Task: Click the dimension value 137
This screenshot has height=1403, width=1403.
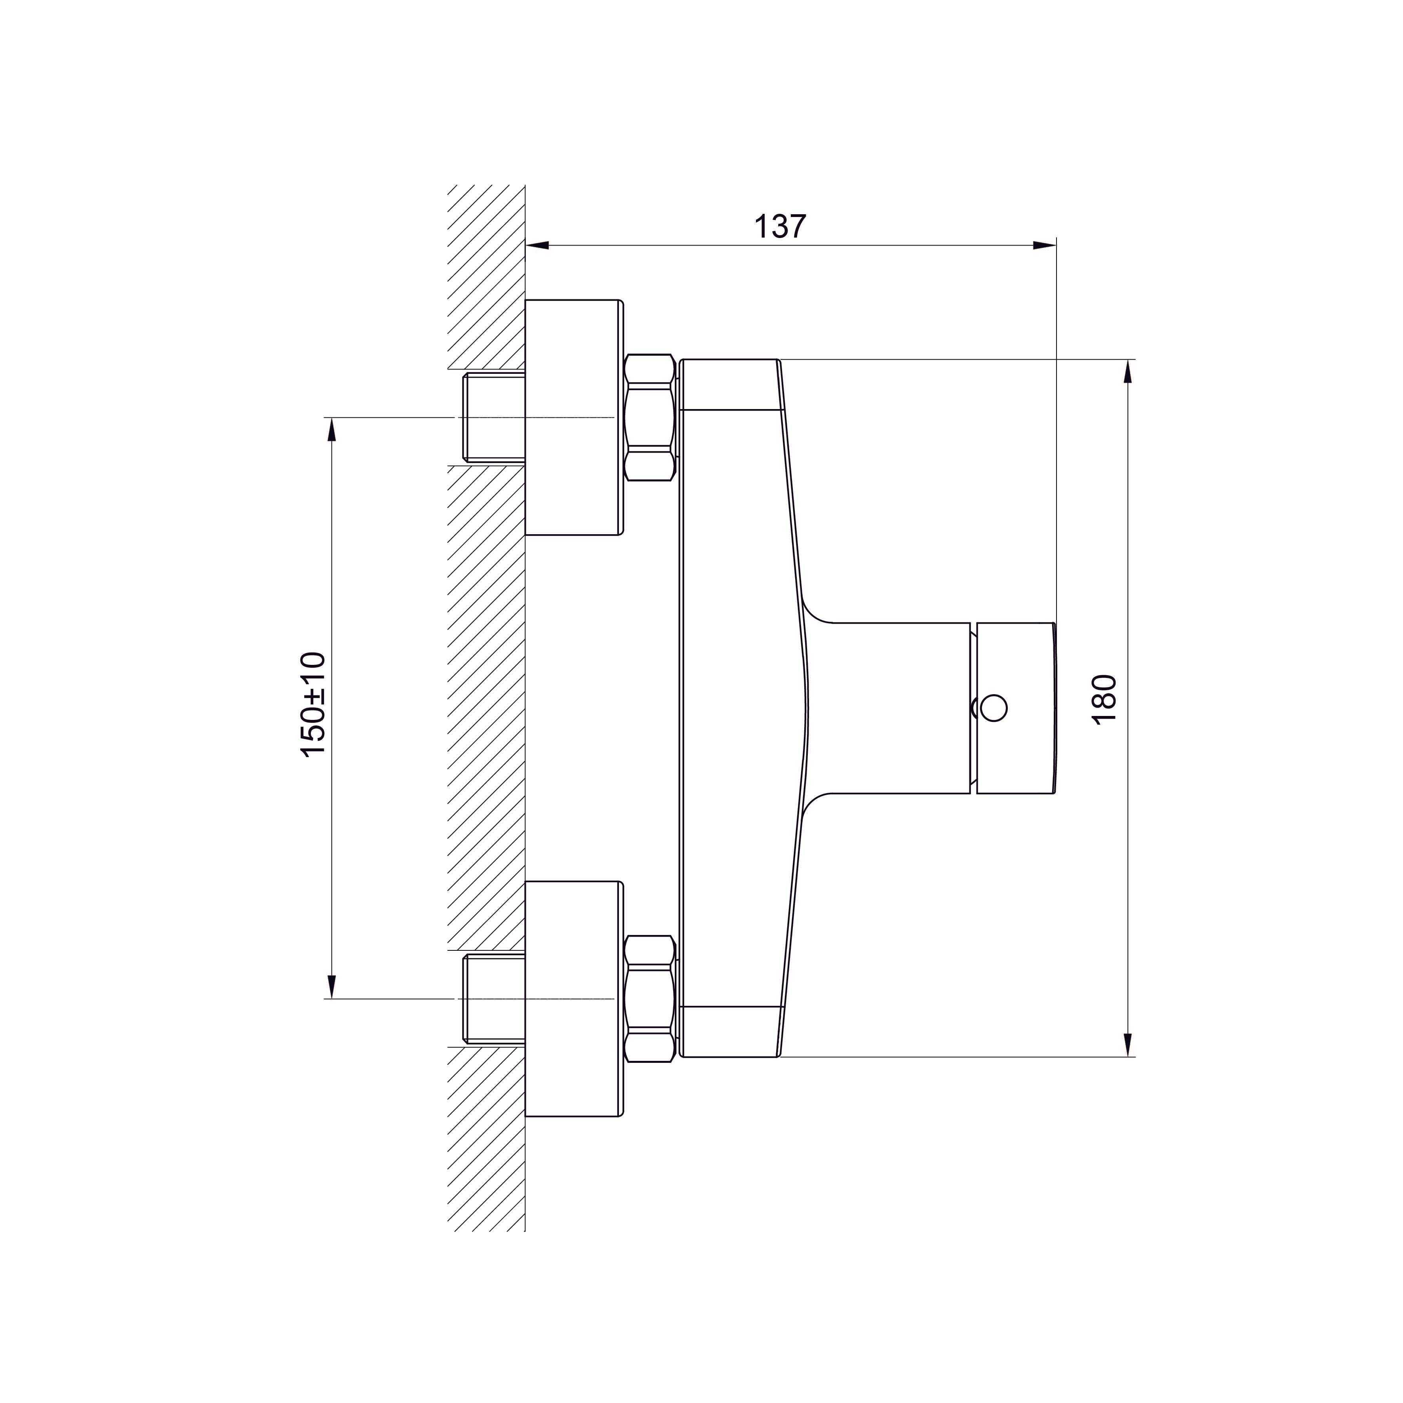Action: pos(780,227)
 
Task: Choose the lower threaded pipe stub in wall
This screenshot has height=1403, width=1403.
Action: pos(494,999)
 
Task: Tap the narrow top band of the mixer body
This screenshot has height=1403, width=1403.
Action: pos(730,385)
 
